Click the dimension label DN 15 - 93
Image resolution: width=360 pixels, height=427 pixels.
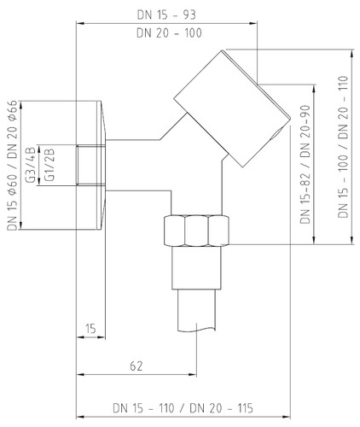tap(166, 15)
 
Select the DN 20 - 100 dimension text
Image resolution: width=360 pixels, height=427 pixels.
tap(169, 32)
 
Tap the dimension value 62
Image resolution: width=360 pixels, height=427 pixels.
tap(136, 366)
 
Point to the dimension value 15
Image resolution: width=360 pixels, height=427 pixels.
tap(90, 329)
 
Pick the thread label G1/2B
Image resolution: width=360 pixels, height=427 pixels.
tap(49, 165)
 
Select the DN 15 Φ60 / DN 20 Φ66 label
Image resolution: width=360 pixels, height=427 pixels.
tap(13, 165)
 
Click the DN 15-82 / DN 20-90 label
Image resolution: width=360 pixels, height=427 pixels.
tap(305, 165)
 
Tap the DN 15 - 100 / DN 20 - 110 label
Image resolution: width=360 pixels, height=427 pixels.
tap(343, 147)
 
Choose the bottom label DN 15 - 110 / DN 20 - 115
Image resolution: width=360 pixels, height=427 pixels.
tap(183, 408)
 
